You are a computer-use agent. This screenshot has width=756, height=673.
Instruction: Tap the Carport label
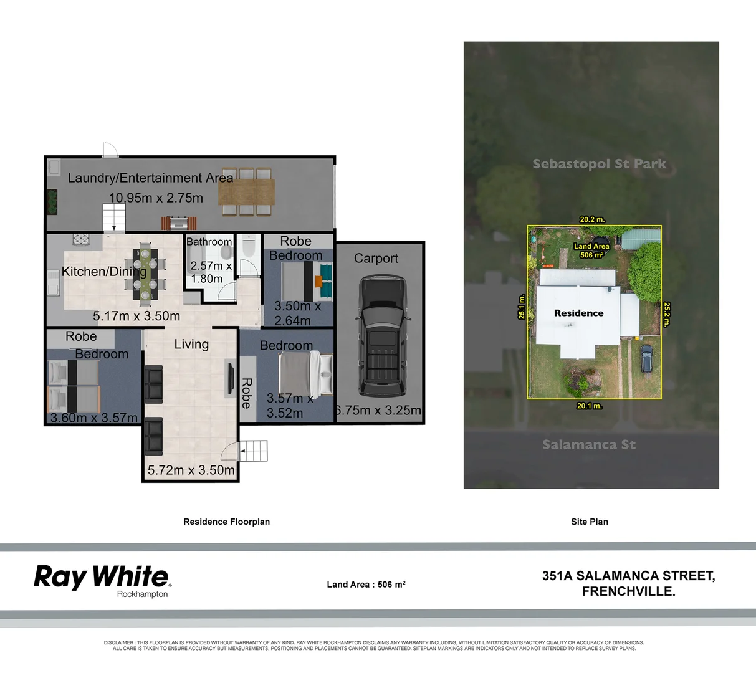point(376,259)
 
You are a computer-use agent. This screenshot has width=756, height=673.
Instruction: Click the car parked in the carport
point(382,336)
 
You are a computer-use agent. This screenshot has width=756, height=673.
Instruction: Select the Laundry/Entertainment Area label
point(150,178)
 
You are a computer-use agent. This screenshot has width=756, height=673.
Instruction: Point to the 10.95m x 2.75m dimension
point(156,198)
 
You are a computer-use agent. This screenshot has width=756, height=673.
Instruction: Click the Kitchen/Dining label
point(104,272)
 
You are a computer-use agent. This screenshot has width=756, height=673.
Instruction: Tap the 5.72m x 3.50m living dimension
point(191,470)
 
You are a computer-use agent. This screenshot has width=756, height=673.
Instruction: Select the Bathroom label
point(209,242)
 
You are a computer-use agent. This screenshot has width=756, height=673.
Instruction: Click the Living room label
point(191,344)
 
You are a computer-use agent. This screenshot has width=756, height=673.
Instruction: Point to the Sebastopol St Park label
point(599,164)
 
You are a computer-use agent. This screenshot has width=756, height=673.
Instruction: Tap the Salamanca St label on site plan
point(589,445)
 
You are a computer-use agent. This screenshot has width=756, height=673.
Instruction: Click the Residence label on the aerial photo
point(578,313)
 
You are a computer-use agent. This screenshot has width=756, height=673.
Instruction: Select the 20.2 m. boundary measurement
point(592,219)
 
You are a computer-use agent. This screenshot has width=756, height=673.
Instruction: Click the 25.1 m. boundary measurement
point(522,307)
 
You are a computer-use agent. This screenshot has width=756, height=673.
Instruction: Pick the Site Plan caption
point(589,522)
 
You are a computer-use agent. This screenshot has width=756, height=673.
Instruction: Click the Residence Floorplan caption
point(226,522)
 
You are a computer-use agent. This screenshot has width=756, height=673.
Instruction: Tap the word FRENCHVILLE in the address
point(628,592)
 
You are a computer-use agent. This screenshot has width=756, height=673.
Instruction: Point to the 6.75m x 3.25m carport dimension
point(378,411)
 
